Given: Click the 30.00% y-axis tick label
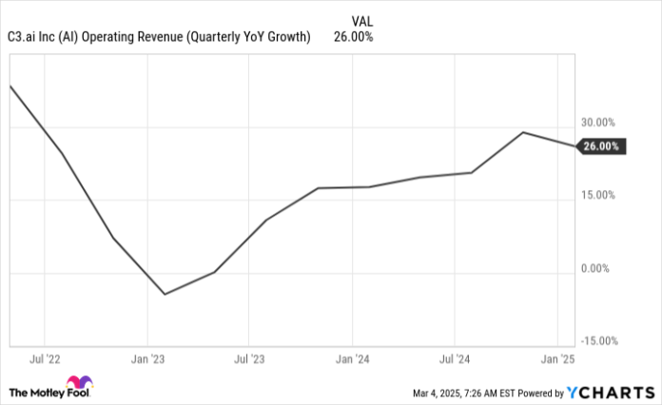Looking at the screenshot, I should click(598, 123).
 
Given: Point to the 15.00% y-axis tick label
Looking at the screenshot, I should click(598, 195).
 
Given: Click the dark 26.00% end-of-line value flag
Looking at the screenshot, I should click(600, 146).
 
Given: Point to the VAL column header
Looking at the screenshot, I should click(362, 20).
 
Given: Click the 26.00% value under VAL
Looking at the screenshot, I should click(353, 37).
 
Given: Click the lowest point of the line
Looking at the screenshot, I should click(165, 294).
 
